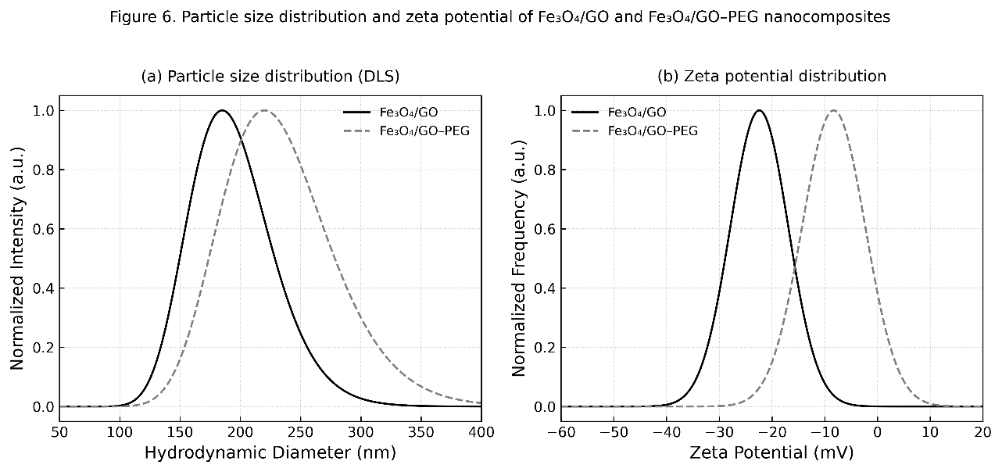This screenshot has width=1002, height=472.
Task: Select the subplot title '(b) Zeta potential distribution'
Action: (772, 76)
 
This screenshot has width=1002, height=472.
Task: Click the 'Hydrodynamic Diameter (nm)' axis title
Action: (270, 452)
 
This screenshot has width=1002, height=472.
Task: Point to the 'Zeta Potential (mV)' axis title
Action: (772, 452)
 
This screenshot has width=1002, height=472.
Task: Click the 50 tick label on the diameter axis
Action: (59, 431)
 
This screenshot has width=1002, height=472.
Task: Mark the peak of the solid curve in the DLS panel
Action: (223, 110)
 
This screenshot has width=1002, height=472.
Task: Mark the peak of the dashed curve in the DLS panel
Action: (265, 110)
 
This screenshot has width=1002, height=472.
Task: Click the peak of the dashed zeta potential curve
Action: (834, 110)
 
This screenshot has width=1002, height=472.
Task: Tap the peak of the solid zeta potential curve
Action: (758, 110)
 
